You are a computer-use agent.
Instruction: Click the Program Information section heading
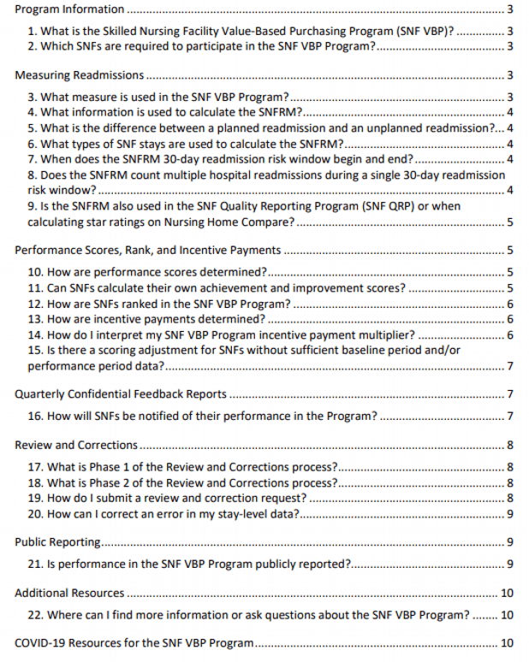tap(69, 10)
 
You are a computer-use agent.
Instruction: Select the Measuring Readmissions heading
tap(79, 76)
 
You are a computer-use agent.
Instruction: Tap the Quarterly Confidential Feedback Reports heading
tap(121, 394)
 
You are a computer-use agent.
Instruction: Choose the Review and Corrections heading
tap(76, 445)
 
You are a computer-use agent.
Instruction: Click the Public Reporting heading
tap(58, 542)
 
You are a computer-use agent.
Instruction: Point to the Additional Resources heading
tap(69, 593)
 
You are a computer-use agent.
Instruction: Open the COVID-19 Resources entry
tap(134, 643)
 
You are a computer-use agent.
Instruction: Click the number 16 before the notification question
tap(35, 417)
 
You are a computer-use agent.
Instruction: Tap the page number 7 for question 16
tap(509, 417)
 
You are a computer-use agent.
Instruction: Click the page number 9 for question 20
tap(509, 514)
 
